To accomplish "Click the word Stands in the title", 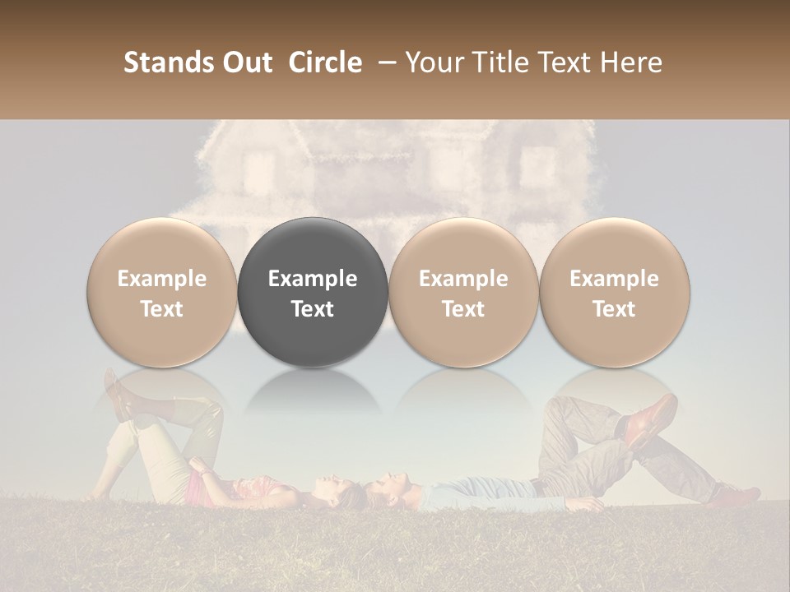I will point(165,62).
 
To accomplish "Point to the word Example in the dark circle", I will point(313,279).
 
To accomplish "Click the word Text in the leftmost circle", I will point(161,309).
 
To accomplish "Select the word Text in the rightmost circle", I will point(614,309).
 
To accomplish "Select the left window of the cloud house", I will point(258,169).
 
